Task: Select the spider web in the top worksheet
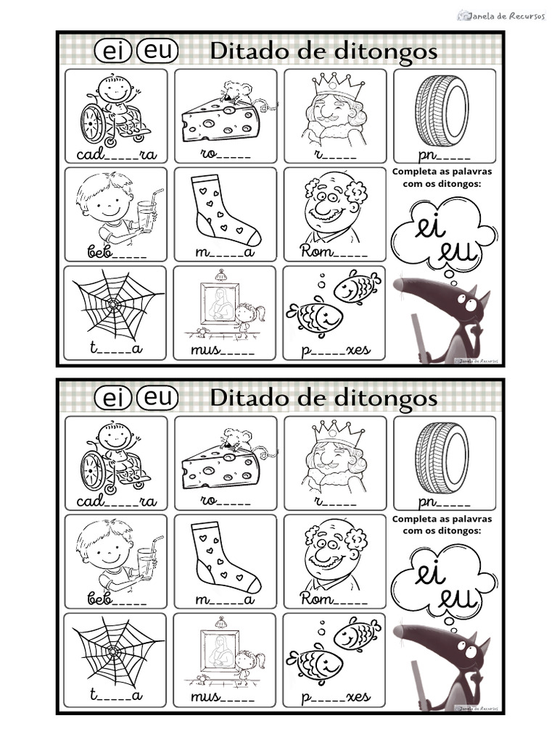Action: click(115, 306)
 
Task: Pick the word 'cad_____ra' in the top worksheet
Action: click(116, 155)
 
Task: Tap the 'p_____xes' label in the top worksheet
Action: click(335, 350)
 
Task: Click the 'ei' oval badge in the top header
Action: click(114, 52)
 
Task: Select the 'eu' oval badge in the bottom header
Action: click(157, 398)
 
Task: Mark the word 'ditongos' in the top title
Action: click(390, 52)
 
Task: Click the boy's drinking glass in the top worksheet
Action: click(147, 214)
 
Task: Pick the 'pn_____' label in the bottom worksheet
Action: click(444, 501)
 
